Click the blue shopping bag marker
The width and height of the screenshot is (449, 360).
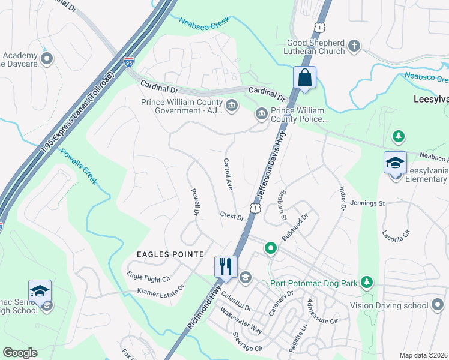[304, 78]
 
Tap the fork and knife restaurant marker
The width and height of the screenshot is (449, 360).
[226, 266]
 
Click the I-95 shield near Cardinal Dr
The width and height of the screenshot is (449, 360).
[128, 61]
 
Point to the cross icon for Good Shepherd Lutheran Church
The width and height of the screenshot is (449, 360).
[354, 46]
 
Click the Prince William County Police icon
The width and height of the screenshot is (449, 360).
[261, 113]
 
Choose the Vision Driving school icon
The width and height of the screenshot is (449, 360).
[438, 305]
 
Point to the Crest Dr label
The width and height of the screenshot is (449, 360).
[232, 215]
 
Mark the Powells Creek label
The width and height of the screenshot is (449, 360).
[79, 165]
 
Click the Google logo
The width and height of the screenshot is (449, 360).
[20, 353]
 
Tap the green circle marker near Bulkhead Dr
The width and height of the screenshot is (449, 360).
[271, 247]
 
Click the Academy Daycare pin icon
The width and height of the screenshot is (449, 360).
[47, 59]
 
